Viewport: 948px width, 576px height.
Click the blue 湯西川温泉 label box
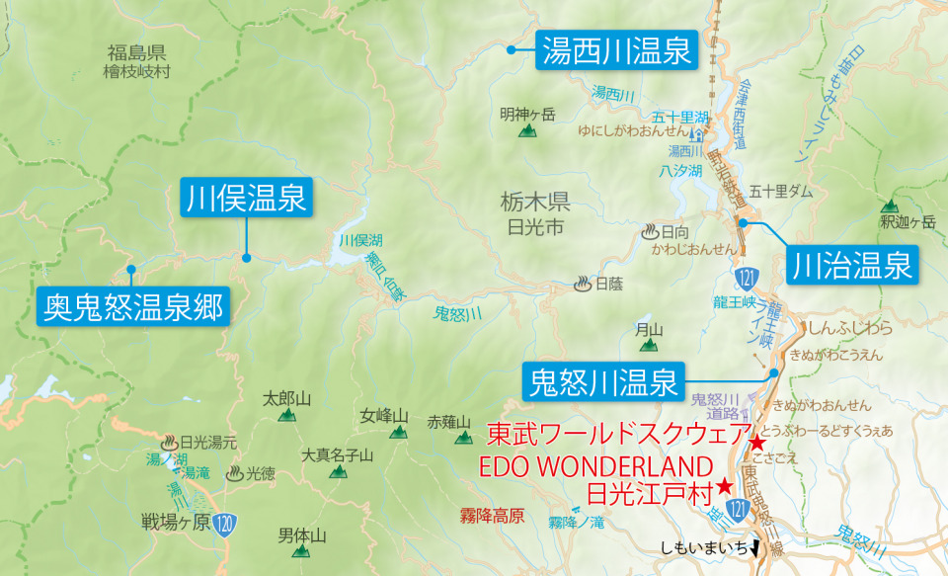(x=616, y=49)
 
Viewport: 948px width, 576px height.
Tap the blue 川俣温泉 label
(x=246, y=198)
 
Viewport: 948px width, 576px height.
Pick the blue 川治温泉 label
(x=851, y=265)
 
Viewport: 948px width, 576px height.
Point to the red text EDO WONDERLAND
(x=594, y=465)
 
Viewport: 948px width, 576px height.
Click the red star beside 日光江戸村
(x=725, y=486)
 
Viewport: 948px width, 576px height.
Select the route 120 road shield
(x=226, y=522)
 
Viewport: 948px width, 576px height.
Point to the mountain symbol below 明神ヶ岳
(x=528, y=129)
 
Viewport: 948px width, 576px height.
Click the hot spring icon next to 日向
(x=650, y=232)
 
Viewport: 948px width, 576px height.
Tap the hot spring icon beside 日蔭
(x=584, y=285)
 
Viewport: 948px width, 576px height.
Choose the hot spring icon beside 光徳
(x=235, y=473)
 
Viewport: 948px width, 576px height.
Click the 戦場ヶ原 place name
(x=176, y=522)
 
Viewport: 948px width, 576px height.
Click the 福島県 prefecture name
(x=136, y=53)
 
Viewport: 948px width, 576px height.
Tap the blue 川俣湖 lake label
(x=360, y=240)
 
